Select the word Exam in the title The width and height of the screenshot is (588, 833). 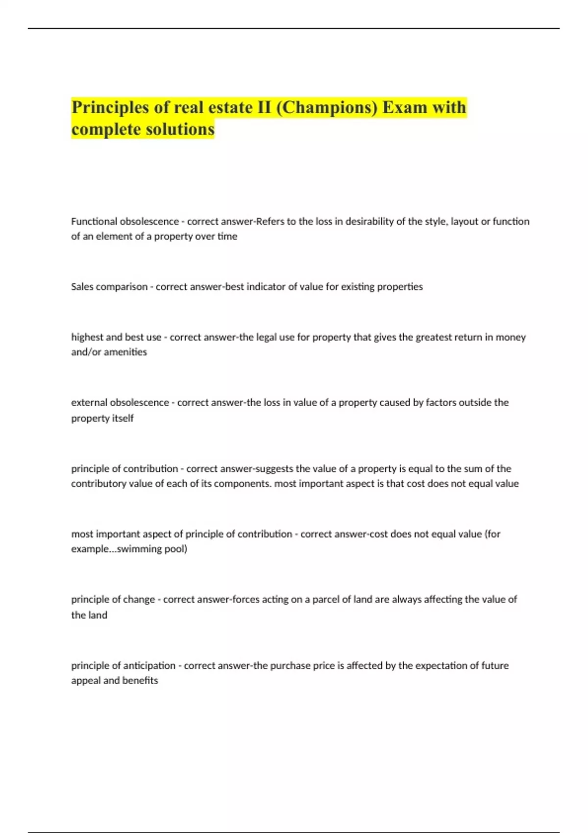point(404,107)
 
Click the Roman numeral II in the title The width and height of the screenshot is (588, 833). point(264,107)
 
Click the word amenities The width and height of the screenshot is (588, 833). point(125,352)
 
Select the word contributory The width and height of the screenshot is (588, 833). point(98,484)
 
